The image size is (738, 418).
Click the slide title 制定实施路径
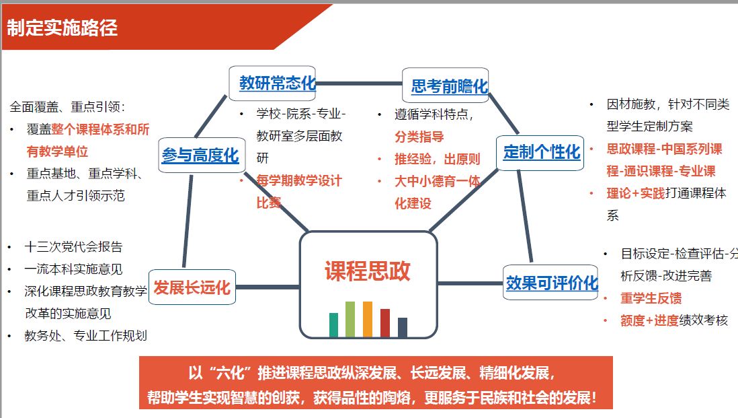click(x=63, y=28)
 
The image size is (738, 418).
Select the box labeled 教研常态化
click(x=277, y=83)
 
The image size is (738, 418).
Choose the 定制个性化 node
click(x=541, y=152)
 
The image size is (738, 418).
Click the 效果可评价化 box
click(x=551, y=283)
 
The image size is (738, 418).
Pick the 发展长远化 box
click(x=192, y=288)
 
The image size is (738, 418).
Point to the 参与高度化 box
click(x=200, y=155)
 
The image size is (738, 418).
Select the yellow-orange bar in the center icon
click(x=367, y=319)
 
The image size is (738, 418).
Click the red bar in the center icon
click(x=384, y=322)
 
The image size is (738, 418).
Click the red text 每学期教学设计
click(x=299, y=180)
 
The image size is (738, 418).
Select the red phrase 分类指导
click(x=419, y=137)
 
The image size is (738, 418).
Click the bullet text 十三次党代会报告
click(x=74, y=246)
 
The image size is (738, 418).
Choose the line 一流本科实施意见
click(x=74, y=269)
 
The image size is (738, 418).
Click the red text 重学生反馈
click(x=651, y=298)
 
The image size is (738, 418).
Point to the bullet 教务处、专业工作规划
click(x=86, y=335)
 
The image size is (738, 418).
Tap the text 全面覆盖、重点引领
click(x=68, y=106)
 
